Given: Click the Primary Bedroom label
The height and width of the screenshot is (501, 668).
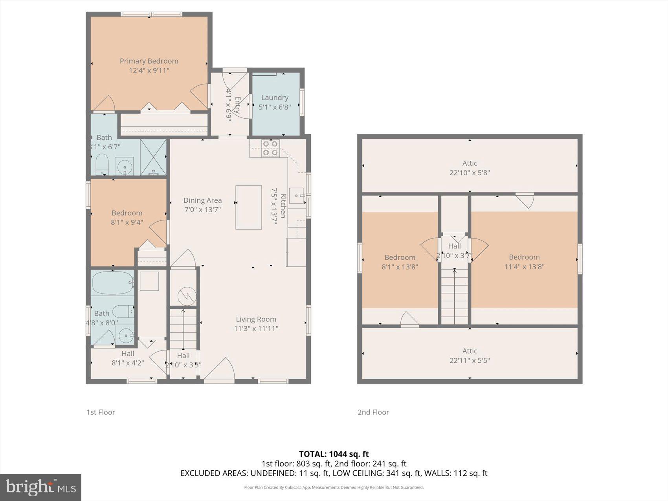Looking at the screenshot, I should [x=149, y=61].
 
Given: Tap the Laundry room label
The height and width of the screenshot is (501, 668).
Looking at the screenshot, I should [x=275, y=98].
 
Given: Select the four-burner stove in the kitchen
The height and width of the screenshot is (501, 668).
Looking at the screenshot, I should [x=270, y=148].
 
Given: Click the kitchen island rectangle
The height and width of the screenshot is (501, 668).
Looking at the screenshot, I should [x=248, y=207].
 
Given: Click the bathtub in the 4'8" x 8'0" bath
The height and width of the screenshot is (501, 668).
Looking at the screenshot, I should [x=112, y=283].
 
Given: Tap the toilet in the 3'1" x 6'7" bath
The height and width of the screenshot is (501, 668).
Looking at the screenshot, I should [x=102, y=164].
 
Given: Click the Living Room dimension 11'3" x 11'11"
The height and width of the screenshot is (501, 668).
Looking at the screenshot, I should [x=256, y=328].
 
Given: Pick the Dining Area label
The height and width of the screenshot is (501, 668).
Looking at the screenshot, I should [x=202, y=200].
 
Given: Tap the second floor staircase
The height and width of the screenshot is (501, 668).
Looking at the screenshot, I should [x=455, y=295].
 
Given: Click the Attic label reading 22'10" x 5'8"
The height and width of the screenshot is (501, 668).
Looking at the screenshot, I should [x=470, y=168].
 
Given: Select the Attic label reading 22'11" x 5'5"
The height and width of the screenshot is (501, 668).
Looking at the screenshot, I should [x=470, y=356].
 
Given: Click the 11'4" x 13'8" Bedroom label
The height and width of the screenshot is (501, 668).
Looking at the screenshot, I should [x=524, y=262].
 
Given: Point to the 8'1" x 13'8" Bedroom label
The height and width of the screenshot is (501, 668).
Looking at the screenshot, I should [x=400, y=262].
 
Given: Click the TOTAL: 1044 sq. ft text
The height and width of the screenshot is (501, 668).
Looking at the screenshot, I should [x=334, y=454].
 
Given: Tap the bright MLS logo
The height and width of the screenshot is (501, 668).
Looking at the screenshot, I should [x=40, y=487].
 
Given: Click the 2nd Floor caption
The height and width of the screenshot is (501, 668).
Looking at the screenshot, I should [x=373, y=412].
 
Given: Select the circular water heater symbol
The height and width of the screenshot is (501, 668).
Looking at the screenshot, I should [x=187, y=297].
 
